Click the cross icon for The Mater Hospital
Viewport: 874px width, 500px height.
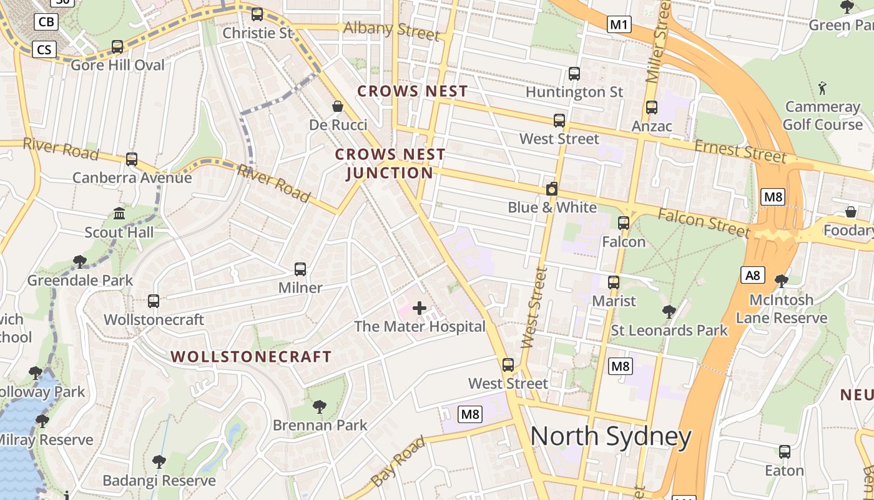coord(420,308)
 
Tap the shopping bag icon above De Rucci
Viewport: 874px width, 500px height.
coord(338,106)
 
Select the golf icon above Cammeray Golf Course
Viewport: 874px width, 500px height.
coord(822,87)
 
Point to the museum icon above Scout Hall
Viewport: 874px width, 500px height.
coord(119,214)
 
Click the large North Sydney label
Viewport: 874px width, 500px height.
coord(611,436)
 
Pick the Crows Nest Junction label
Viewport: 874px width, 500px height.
coord(390,163)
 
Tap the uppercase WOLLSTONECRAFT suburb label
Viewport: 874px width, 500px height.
coord(251,357)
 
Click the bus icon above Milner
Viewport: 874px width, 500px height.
coord(300,269)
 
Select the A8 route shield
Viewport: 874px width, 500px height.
coord(753,275)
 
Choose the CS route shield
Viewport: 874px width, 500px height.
coord(44,49)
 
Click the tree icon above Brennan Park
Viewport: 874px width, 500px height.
coord(320,407)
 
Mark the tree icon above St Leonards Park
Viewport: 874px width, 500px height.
coord(669,311)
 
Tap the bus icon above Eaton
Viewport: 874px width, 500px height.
coord(785,452)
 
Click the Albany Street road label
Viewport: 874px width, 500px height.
coord(391,29)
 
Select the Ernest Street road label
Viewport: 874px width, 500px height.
coord(740,151)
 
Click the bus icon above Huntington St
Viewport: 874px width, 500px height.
coord(574,74)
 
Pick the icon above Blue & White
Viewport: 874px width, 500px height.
coord(552,189)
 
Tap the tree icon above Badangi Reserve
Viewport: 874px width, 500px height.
coord(159,462)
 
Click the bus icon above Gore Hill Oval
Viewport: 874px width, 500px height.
coord(117,47)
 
